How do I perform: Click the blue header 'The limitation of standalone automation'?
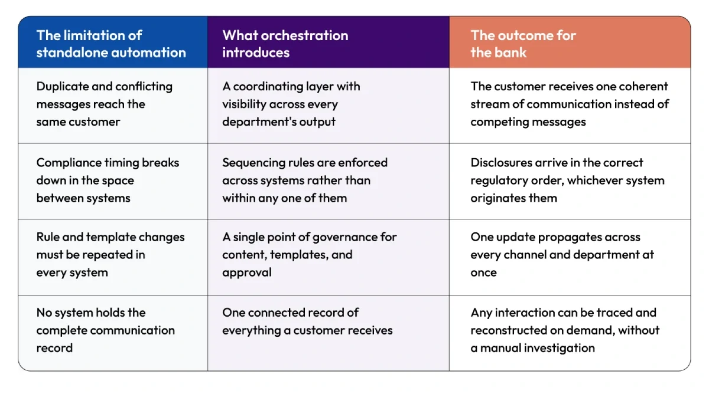coord(111,44)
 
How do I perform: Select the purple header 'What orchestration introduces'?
coord(285,44)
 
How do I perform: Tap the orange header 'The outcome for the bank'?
coord(523,44)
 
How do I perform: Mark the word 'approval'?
coord(247,272)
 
